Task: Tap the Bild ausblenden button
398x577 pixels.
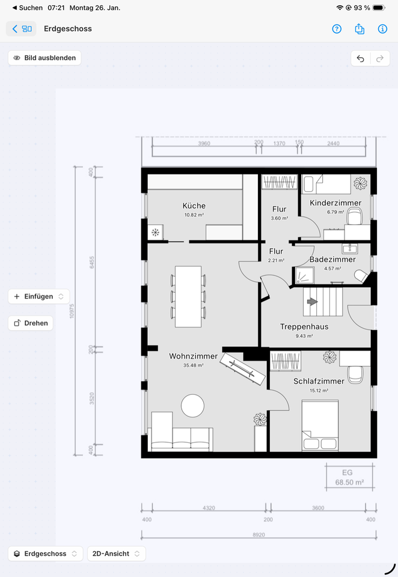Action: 44,58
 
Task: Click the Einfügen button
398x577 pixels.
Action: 38,296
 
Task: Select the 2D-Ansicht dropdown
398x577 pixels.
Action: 117,554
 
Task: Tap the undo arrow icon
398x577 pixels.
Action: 361,58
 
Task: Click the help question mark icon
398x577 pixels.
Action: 337,29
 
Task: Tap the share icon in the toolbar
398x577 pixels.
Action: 360,29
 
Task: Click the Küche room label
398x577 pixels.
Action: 194,206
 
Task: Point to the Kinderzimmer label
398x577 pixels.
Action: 335,203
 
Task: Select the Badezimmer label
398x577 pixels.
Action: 332,260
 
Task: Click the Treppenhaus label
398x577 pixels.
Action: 304,326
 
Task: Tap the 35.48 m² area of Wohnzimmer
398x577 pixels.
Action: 194,365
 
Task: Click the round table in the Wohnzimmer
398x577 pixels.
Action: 192,406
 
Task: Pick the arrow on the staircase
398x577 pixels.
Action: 312,302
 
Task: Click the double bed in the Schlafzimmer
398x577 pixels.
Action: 320,426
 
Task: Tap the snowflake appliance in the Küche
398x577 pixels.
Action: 156,233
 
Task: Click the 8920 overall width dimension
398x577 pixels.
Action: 259,535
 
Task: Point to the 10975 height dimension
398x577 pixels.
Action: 72,311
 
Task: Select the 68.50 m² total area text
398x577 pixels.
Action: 349,483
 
